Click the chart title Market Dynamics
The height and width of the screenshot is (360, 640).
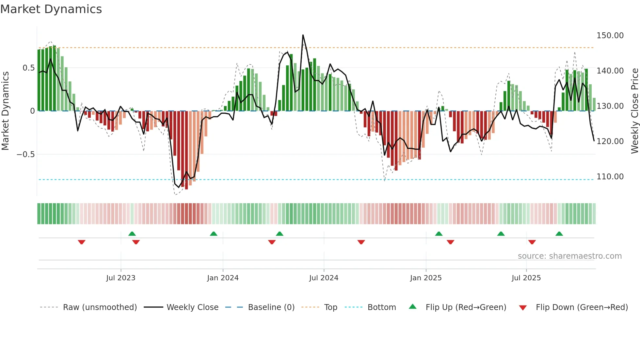pyautogui.click(x=51, y=9)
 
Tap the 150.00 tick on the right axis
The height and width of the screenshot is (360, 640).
pyautogui.click(x=610, y=35)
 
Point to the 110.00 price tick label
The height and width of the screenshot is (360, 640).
pyautogui.click(x=610, y=177)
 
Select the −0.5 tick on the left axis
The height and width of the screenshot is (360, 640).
pyautogui.click(x=26, y=154)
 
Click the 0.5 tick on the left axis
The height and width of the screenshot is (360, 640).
pyautogui.click(x=28, y=68)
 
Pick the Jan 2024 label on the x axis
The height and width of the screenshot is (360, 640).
pyautogui.click(x=223, y=278)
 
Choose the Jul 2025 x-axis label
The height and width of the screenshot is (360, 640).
pyautogui.click(x=526, y=278)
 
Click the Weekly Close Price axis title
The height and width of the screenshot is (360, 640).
pyautogui.click(x=634, y=111)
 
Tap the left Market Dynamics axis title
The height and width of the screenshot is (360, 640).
pyautogui.click(x=5, y=111)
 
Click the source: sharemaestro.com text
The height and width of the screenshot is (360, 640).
pyautogui.click(x=569, y=256)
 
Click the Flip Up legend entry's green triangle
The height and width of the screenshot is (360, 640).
pyautogui.click(x=413, y=307)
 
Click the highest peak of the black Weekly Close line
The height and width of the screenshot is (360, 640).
pyautogui.click(x=303, y=35)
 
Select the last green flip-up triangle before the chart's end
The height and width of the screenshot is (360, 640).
pyautogui.click(x=559, y=234)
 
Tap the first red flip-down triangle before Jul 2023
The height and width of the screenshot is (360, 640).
pyautogui.click(x=82, y=242)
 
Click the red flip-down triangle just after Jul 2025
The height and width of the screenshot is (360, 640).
pyautogui.click(x=532, y=242)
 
